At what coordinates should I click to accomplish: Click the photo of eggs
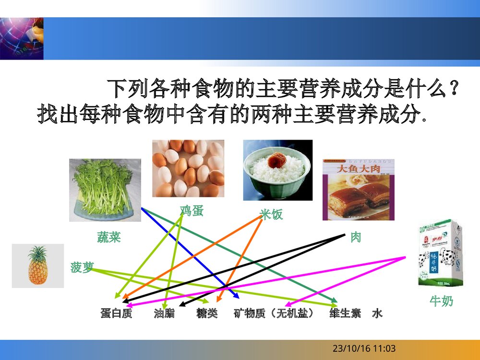(188, 168)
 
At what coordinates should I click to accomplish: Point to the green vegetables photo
(105, 190)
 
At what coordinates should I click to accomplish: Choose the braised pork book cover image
(359, 190)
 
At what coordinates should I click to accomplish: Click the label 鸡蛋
(192, 210)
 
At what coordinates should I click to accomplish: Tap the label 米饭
(271, 214)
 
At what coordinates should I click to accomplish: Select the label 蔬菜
(108, 237)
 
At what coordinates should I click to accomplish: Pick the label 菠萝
(82, 267)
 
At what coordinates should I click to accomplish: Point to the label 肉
(355, 237)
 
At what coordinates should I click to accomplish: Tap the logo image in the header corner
(22, 38)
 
